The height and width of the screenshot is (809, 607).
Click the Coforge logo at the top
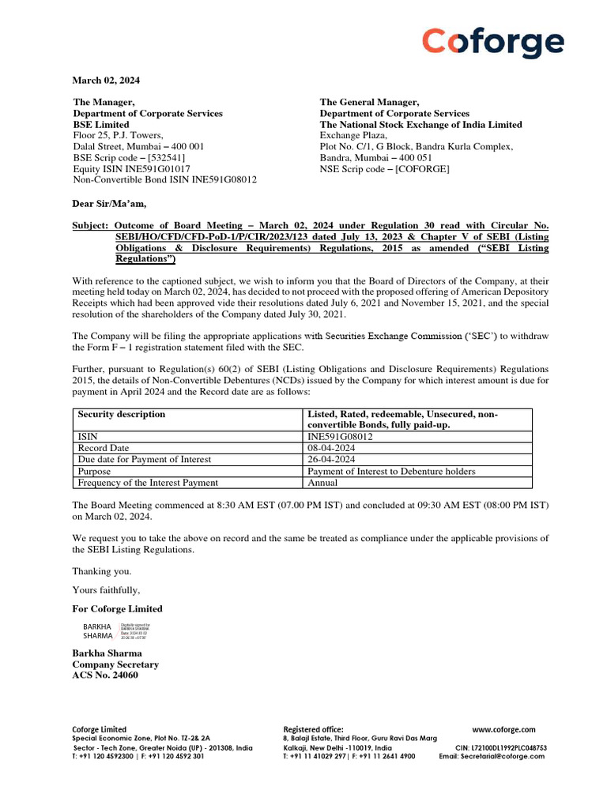[x=492, y=43]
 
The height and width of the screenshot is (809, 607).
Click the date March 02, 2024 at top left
[x=106, y=80]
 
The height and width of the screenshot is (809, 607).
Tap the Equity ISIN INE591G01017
[x=131, y=168]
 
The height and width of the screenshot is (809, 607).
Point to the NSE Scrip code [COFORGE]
[x=384, y=168]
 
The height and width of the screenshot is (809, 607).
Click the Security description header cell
[x=122, y=414]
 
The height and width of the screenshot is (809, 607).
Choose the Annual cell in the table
[x=322, y=482]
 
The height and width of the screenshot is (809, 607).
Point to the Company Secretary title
[x=115, y=664]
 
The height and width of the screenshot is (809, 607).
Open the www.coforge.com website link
[x=503, y=729]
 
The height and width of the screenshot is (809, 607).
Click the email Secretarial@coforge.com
[x=492, y=756]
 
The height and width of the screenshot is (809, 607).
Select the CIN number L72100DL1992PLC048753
[x=501, y=747]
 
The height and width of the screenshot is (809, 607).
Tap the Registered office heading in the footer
[x=313, y=729]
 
